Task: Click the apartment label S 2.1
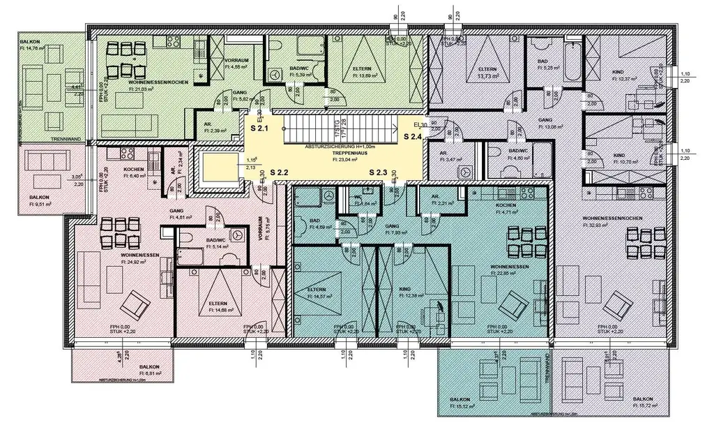click(x=260, y=129)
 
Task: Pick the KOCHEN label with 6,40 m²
click(x=134, y=170)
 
